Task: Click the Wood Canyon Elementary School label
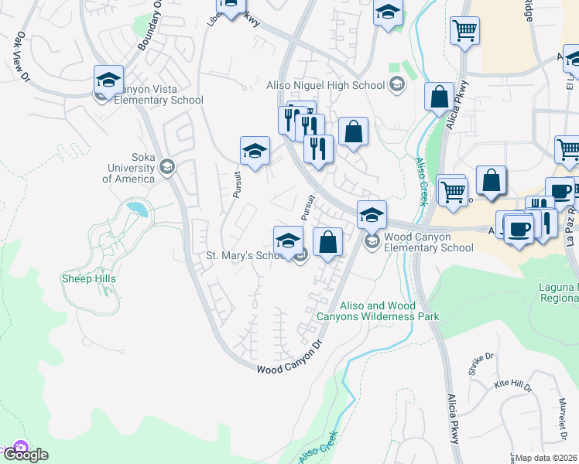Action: click(x=428, y=242)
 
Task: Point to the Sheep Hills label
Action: click(x=87, y=278)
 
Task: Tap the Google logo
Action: click(x=25, y=455)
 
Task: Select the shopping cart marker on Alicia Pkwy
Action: click(x=464, y=31)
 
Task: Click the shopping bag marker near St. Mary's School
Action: click(x=327, y=241)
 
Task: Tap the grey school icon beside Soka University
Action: click(x=166, y=166)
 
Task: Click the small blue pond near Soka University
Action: click(x=137, y=208)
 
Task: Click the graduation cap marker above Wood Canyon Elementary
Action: click(x=372, y=214)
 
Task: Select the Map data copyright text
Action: click(x=546, y=458)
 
